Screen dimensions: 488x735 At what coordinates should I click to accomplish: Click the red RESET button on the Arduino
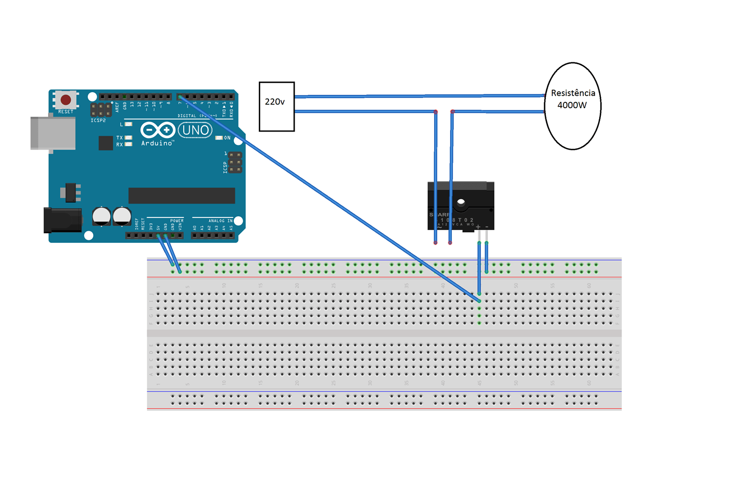click(x=66, y=100)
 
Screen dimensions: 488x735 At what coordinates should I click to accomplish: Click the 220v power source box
click(x=276, y=107)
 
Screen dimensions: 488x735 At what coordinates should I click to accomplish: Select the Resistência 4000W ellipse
click(x=573, y=106)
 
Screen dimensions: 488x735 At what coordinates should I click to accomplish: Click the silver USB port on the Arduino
click(x=53, y=133)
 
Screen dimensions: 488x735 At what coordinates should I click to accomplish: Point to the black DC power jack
click(x=62, y=221)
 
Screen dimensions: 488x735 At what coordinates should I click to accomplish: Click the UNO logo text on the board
click(x=195, y=130)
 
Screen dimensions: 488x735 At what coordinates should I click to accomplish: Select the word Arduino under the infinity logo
click(x=157, y=143)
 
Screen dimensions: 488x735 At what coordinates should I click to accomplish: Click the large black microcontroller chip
click(x=182, y=196)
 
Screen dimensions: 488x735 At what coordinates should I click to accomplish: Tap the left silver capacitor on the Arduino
click(x=101, y=216)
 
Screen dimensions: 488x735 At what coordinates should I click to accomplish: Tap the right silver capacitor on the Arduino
click(x=122, y=216)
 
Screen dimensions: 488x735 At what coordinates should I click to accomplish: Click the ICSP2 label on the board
click(x=98, y=121)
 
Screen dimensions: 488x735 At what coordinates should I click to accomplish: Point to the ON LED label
click(x=227, y=138)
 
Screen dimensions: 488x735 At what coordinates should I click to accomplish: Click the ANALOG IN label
click(x=220, y=221)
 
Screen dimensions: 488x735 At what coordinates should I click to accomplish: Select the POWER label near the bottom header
click(x=177, y=221)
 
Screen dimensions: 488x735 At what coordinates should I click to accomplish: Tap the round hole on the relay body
click(x=461, y=202)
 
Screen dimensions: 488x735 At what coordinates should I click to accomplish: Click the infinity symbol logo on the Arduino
click(x=158, y=130)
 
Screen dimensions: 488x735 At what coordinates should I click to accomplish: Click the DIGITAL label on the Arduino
click(x=187, y=116)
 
